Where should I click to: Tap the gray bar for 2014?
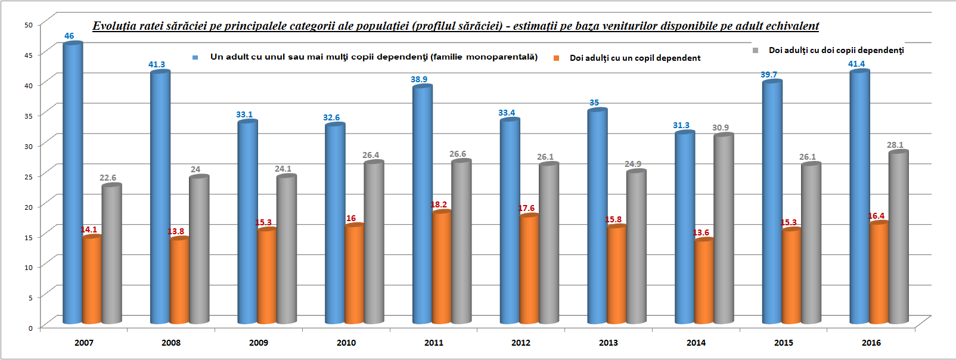724,229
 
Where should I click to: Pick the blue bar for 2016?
859,197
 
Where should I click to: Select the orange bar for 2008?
179,280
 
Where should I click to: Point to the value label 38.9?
419,79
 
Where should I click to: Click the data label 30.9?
721,128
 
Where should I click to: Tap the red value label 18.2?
439,204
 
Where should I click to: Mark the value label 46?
69,36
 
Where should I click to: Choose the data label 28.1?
895,145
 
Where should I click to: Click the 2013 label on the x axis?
609,343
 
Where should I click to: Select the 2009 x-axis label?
259,343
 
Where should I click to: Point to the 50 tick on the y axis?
29,25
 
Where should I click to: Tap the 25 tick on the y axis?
29,176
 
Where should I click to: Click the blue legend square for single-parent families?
195,58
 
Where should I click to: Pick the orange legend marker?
556,58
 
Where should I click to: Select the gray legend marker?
755,51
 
